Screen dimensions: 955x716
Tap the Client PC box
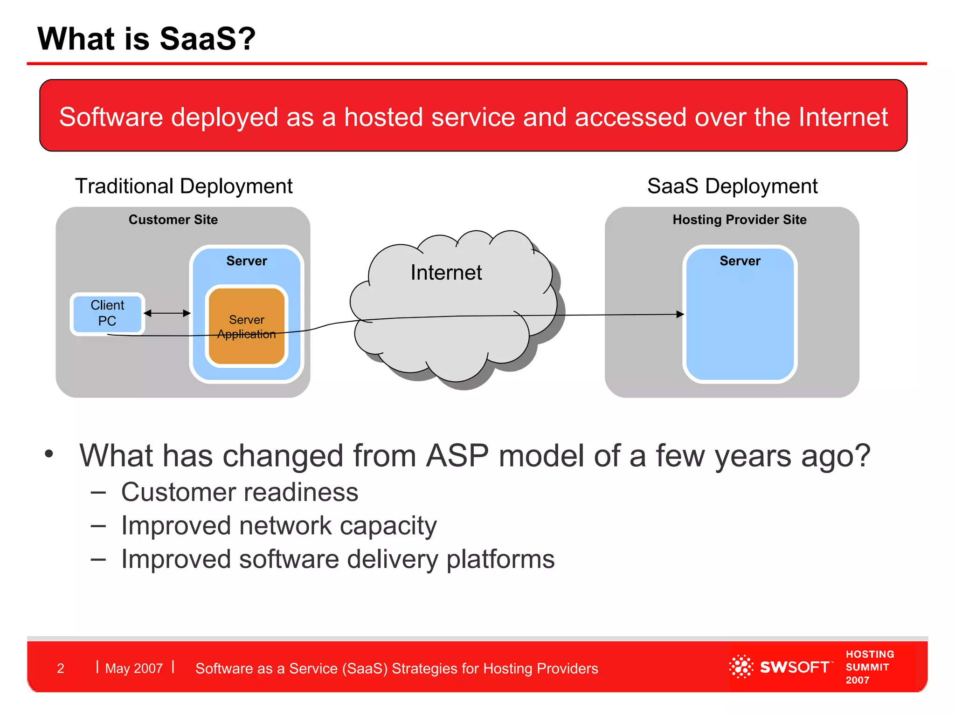[x=107, y=314]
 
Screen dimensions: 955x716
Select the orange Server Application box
[x=247, y=326]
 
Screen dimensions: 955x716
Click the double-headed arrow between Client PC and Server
[x=167, y=313]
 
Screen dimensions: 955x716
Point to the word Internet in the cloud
[x=446, y=273]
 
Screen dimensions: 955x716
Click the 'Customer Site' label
[x=173, y=220]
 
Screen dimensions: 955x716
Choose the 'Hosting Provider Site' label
[x=740, y=220]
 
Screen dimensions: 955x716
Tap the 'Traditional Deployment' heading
[x=184, y=186]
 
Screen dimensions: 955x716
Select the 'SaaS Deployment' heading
[x=732, y=186]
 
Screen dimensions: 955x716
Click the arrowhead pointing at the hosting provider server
[x=680, y=315]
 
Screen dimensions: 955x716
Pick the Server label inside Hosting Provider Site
[x=740, y=261]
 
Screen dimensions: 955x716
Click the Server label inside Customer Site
[x=247, y=261]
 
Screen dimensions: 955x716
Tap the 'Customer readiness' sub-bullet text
[x=240, y=492]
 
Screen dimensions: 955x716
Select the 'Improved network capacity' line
[x=279, y=526]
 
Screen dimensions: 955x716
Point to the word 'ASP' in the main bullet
[x=457, y=455]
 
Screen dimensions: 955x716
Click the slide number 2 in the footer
[x=61, y=668]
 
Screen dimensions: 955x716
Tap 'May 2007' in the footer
[x=134, y=668]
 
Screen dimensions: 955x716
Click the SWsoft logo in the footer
[x=780, y=667]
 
